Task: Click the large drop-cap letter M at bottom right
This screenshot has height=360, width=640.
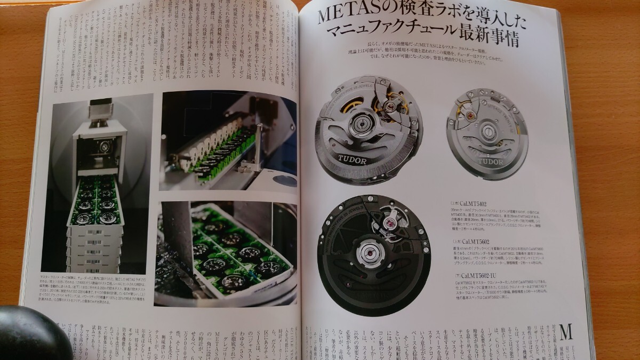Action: pos(566,333)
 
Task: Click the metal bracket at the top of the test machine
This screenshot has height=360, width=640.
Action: pos(101,110)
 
